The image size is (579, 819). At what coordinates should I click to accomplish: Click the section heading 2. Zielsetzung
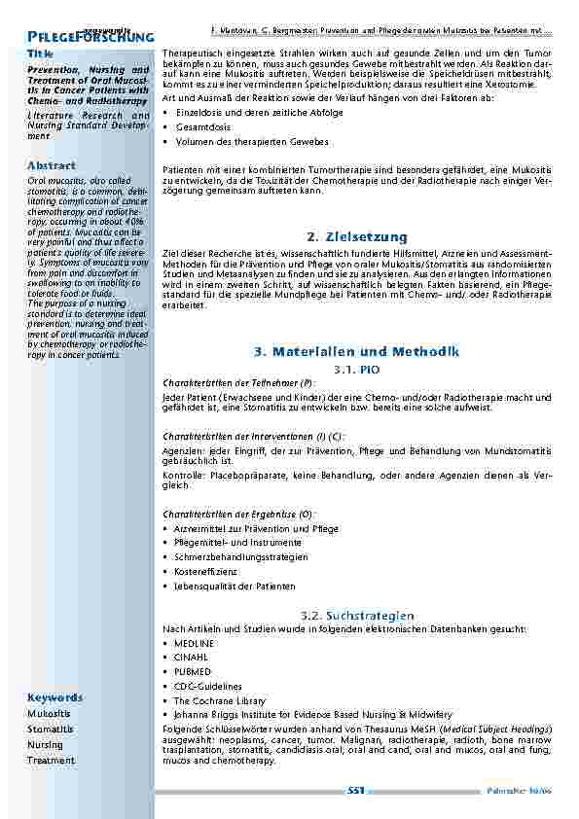coord(355,236)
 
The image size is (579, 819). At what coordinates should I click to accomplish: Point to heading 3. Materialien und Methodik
coord(356,351)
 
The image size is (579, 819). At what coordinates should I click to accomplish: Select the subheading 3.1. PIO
coord(356,370)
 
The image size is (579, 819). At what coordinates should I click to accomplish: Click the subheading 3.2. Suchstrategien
coord(357,616)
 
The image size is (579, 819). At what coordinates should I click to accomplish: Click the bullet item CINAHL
coord(190,658)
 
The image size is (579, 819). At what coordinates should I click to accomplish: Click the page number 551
coord(355,791)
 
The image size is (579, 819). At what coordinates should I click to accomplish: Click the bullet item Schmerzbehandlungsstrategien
coord(240,557)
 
